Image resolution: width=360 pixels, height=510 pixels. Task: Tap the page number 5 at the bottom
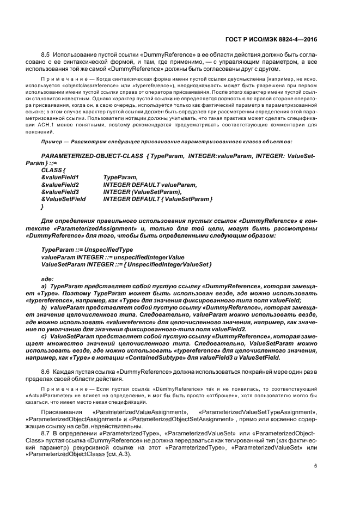coord(316,465)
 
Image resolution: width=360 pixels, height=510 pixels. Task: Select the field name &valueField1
coord(60,177)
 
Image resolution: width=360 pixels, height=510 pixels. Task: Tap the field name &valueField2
coord(60,185)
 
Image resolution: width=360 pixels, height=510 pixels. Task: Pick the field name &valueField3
coord(60,192)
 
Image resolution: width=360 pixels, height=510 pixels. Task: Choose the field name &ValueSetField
coord(64,200)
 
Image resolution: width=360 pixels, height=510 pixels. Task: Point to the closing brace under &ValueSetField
coord(42,208)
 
